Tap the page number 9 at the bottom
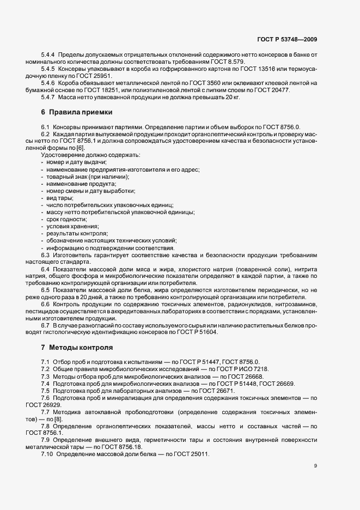tap(316, 466)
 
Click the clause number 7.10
tap(48, 454)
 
